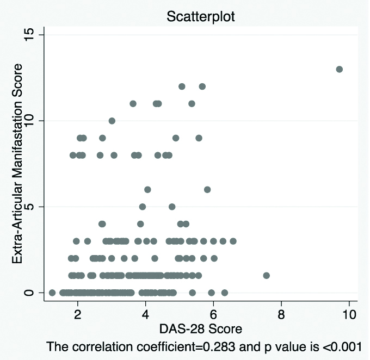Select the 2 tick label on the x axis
78,314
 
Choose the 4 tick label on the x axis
145,314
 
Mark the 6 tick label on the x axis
213,314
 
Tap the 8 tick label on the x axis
281,314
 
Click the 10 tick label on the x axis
349,314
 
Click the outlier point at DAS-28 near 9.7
339,69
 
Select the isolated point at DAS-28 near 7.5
266,275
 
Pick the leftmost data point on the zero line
52,293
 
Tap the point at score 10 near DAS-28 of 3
112,120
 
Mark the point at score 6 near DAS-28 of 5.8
207,189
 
